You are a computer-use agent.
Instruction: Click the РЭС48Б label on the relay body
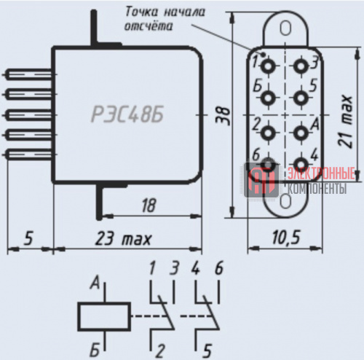[x=127, y=114]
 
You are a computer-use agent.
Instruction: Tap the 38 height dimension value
[x=223, y=116]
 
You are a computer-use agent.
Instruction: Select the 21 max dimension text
[x=345, y=121]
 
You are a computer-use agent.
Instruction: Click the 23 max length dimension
[x=123, y=238]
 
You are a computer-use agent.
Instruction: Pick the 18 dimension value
[x=149, y=206]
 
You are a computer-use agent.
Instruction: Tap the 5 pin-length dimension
[x=28, y=238]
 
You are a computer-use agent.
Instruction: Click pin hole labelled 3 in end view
[x=301, y=66]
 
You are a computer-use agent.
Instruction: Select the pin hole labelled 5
[x=301, y=98]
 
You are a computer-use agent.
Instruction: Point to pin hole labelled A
[x=301, y=133]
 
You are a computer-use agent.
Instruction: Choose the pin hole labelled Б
[x=268, y=98]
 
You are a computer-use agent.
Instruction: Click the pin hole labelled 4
[x=301, y=164]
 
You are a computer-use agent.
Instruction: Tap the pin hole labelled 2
[x=268, y=133]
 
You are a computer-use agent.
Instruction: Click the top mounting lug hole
[x=285, y=28]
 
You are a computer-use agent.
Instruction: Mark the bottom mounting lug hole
[x=285, y=201]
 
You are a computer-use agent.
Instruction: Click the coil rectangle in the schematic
[x=104, y=316]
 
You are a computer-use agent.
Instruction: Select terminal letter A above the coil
[x=95, y=283]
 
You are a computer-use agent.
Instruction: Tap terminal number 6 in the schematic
[x=219, y=268]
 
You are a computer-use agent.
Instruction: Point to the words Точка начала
[x=165, y=12]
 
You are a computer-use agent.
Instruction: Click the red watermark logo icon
[x=261, y=180]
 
